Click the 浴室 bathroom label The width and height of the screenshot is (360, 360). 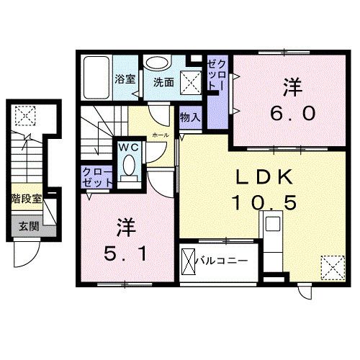pos(125,79)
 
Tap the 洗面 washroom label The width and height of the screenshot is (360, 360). pos(163,81)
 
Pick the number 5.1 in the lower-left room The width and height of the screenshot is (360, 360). pos(122,253)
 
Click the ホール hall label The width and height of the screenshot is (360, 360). pos(161,135)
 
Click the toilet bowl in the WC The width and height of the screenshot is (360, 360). pos(128,167)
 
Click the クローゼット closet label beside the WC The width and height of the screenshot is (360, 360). pos(96,176)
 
